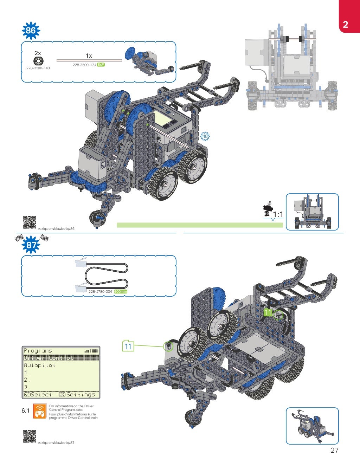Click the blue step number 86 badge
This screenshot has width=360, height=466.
[x=31, y=31]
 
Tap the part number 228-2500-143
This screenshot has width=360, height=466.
[x=38, y=68]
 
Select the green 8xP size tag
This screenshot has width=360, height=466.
[x=101, y=65]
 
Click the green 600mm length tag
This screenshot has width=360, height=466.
[x=121, y=292]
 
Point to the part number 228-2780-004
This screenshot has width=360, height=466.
[x=100, y=292]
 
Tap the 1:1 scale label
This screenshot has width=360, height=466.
[x=278, y=214]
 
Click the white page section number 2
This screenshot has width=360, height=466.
[x=345, y=24]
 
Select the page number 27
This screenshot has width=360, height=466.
[x=334, y=450]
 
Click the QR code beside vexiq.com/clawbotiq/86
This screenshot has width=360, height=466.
[x=30, y=222]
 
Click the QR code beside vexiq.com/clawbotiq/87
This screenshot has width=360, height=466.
[x=30, y=436]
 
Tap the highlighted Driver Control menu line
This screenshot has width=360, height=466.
[x=49, y=358]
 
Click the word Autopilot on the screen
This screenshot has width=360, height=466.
[x=39, y=365]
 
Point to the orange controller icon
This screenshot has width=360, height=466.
[x=40, y=411]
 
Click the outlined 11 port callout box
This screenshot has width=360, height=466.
[x=128, y=346]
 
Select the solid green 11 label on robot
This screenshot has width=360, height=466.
[x=268, y=312]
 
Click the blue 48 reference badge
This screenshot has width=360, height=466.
[x=205, y=136]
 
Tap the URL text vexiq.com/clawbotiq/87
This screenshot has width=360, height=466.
[x=56, y=443]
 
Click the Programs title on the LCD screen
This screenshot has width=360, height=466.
[x=38, y=351]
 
